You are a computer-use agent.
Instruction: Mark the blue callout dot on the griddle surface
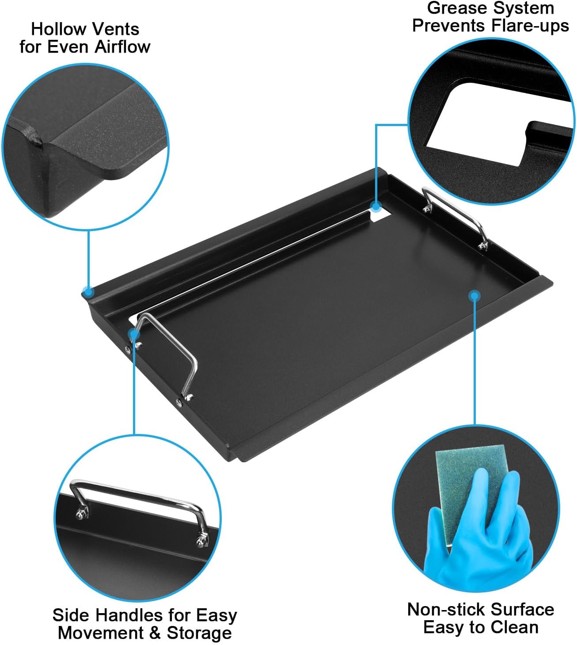tap(475, 295)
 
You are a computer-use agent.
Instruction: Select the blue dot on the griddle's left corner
tap(88, 292)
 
